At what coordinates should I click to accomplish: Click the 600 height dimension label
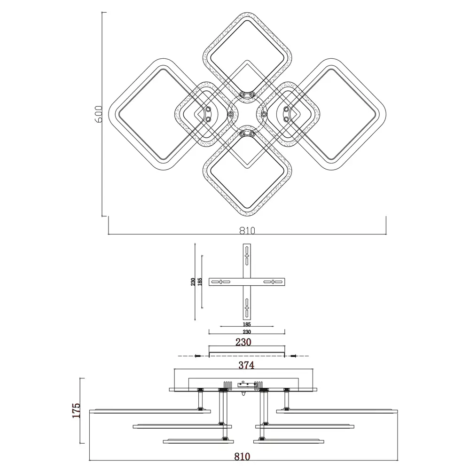click(x=99, y=114)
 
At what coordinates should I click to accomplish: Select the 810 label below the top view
click(x=247, y=230)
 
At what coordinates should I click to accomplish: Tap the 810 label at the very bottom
click(x=242, y=456)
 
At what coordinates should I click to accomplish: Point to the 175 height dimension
click(x=77, y=410)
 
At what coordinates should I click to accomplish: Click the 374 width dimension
click(x=246, y=365)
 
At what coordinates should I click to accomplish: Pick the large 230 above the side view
click(x=243, y=342)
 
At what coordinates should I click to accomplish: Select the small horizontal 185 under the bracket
click(x=247, y=324)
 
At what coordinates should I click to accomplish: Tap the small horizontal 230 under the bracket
click(x=247, y=332)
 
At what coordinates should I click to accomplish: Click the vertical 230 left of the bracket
click(x=193, y=282)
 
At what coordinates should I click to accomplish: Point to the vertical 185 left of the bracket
click(x=200, y=282)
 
